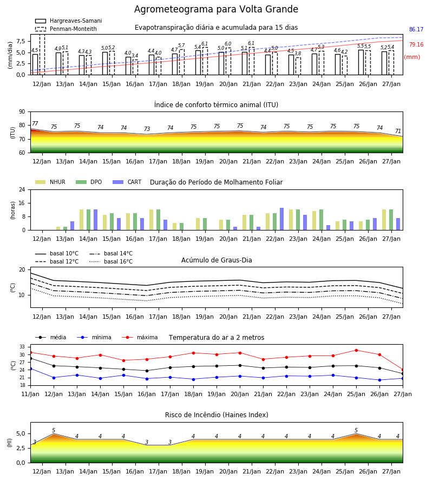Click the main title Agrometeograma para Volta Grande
pos(216,9)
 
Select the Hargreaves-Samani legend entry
pos(68,21)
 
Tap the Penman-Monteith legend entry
pos(66,29)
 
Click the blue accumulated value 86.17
pos(416,30)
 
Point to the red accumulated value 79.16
pos(416,44)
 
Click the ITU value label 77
pos(35,123)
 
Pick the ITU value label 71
pos(398,131)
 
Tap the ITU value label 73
pos(147,129)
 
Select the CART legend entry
pos(127,182)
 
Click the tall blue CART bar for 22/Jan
pos(282,219)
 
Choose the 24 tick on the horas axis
pos(22,189)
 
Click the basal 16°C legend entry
pos(111,261)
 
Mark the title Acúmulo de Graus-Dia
pos(216,260)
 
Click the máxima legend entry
pos(140,337)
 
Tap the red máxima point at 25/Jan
pos(356,350)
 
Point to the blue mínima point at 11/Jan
pos(31,368)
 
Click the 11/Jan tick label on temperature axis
pos(30,394)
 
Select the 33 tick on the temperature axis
pos(22,347)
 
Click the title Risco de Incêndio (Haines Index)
pos(216,414)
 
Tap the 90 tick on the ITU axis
pos(22,112)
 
